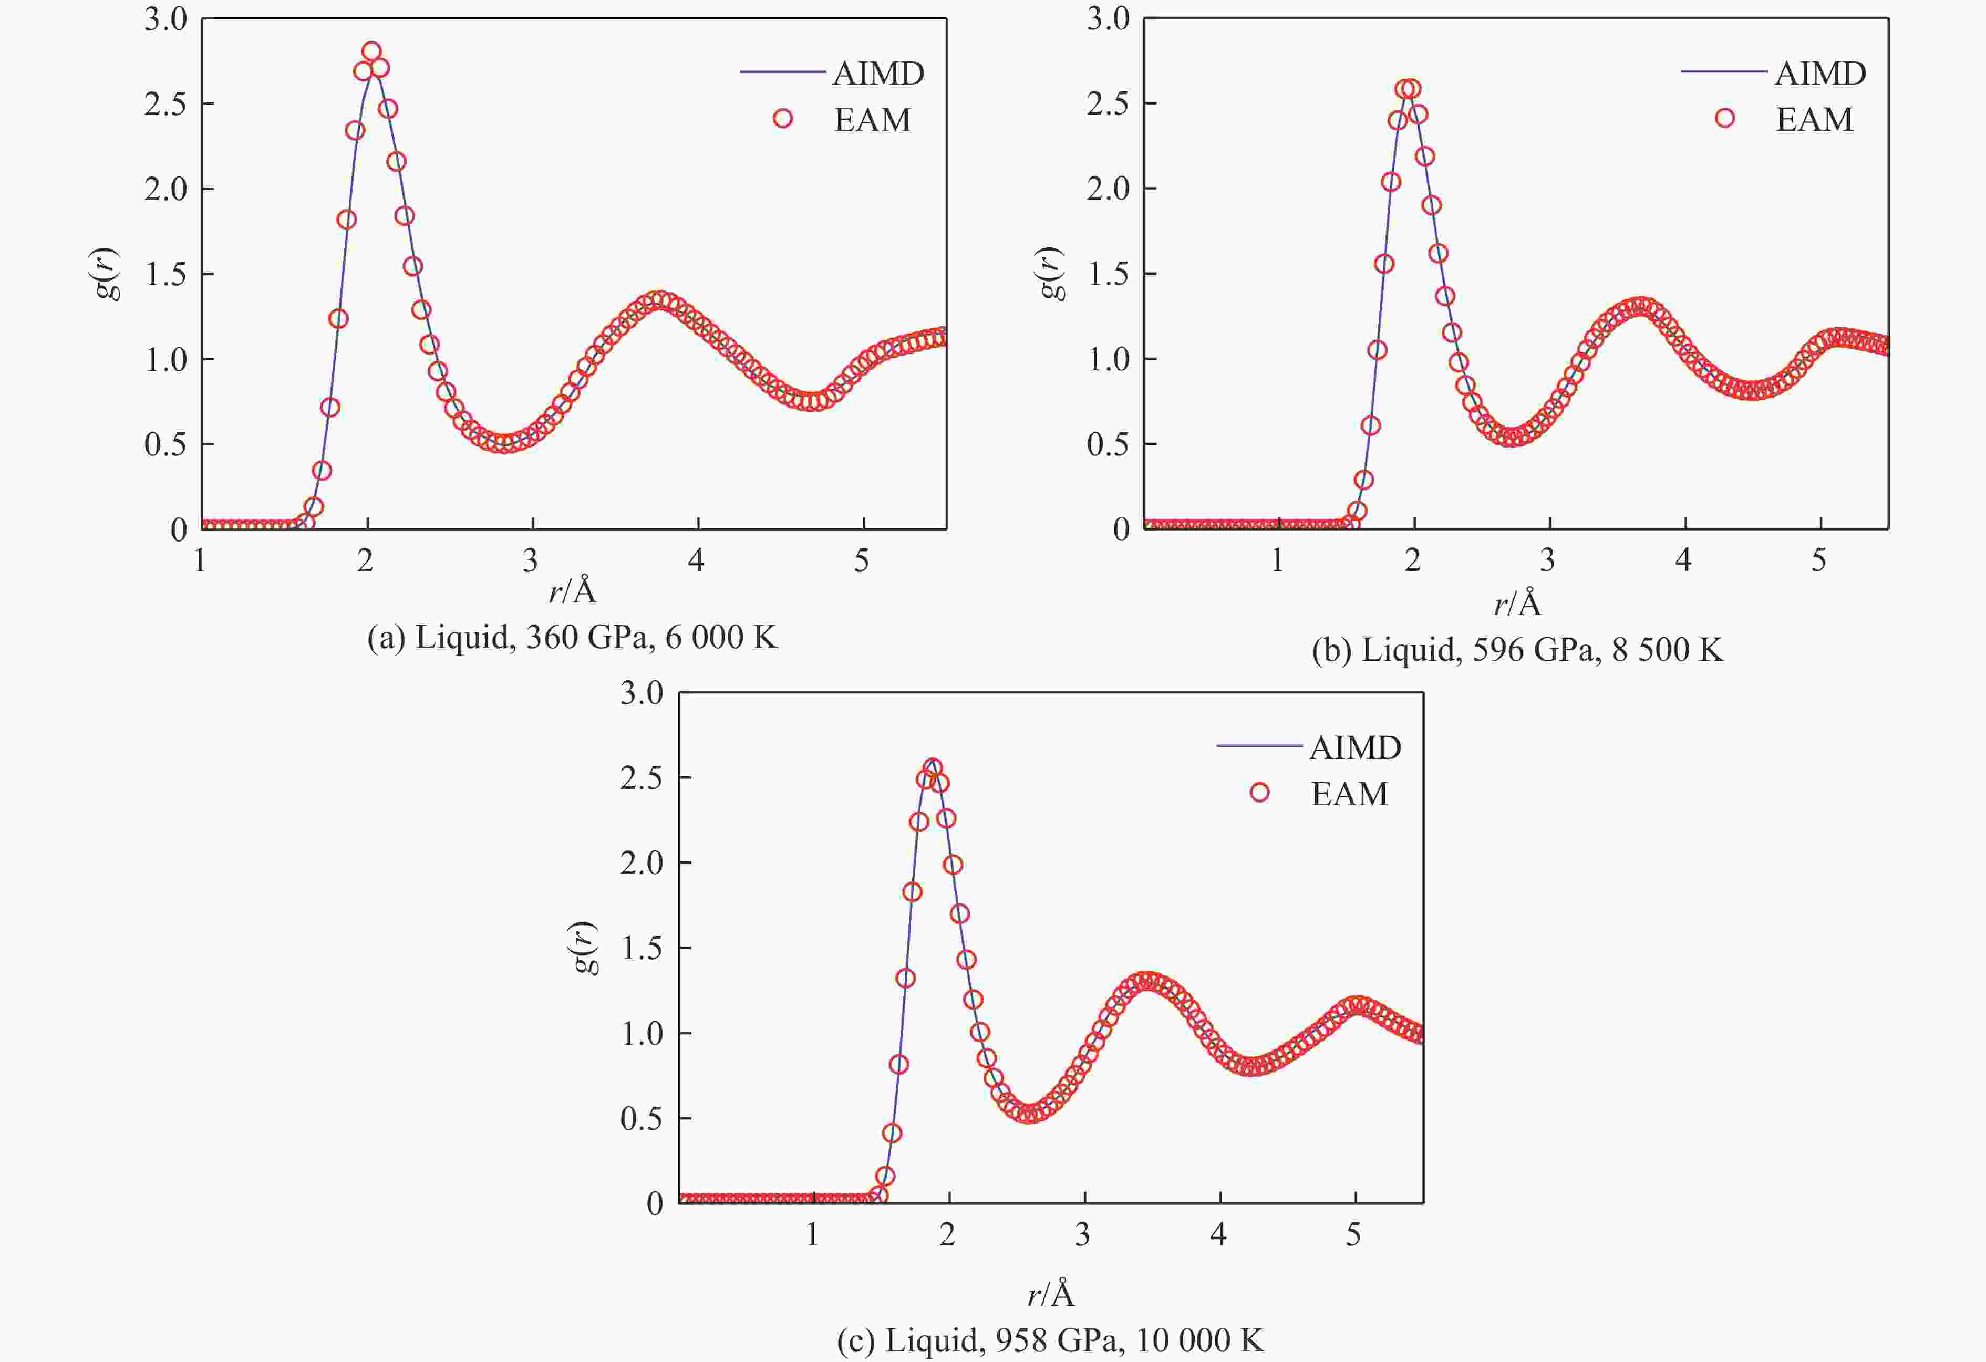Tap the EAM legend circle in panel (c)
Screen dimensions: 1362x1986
1259,793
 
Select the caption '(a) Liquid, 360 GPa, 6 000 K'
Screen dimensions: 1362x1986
572,638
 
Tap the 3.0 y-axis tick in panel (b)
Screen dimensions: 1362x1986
1108,19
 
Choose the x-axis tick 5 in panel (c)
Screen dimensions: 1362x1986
1353,1235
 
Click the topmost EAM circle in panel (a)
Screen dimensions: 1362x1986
371,51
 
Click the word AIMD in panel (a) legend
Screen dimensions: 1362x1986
878,74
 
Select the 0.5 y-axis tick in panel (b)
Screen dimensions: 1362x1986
1108,444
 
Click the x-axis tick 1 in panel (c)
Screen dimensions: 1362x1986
812,1235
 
